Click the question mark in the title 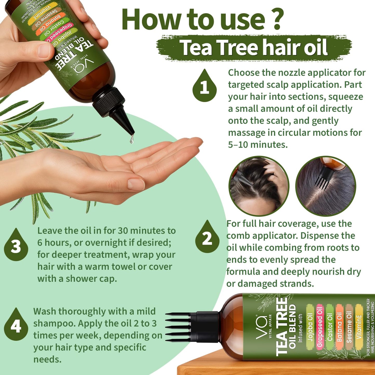tap(277, 19)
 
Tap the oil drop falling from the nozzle tap(132, 140)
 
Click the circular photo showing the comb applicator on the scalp tap(326, 186)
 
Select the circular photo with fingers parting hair tap(259, 186)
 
